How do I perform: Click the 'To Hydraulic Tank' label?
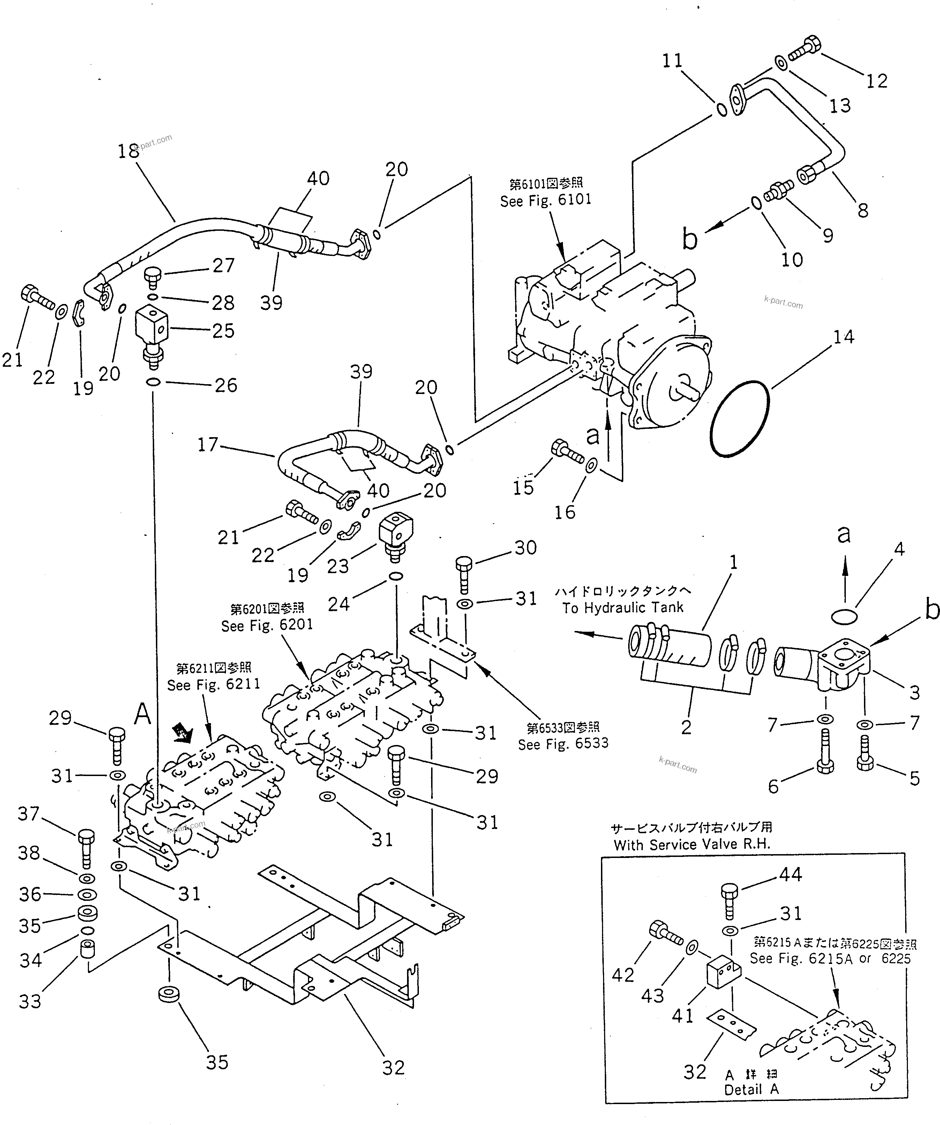(623, 608)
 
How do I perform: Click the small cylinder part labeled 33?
(87, 950)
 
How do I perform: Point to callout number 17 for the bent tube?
(208, 444)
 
